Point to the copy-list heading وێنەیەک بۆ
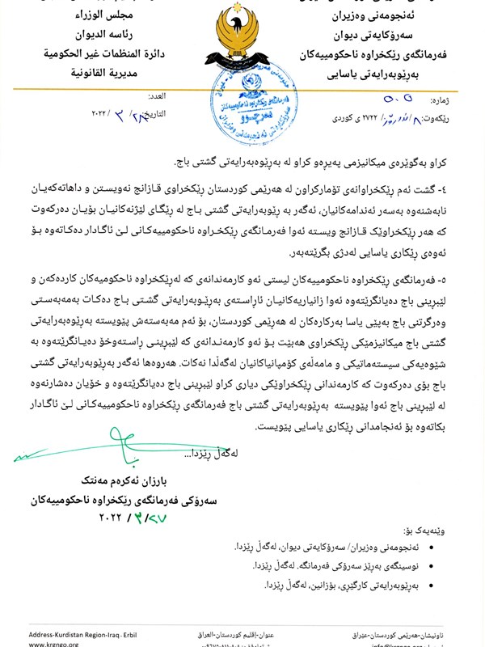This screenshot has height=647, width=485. [443, 531]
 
